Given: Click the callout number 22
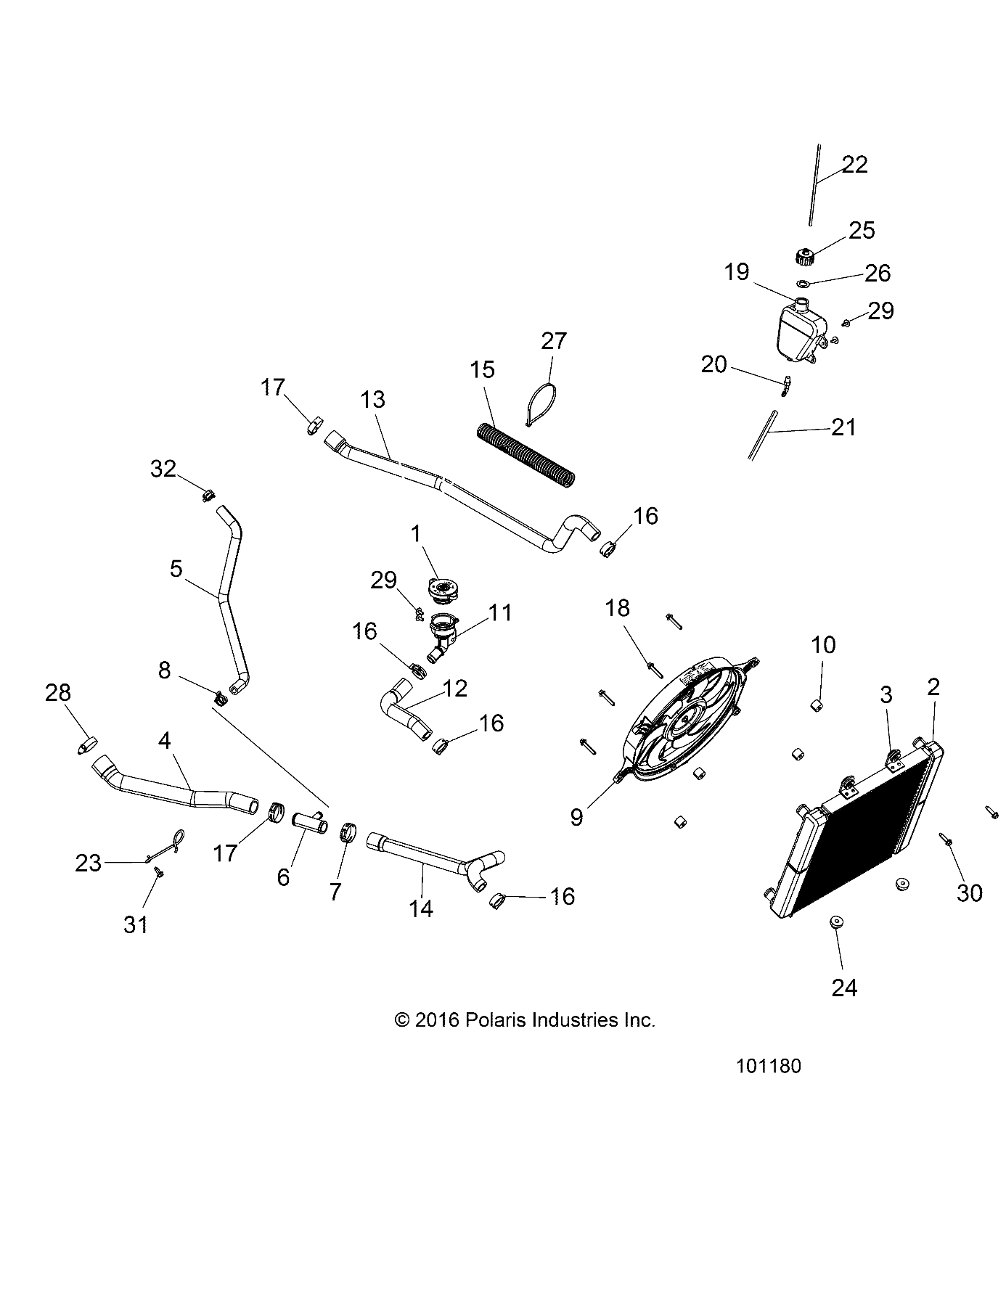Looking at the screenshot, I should coord(854,165).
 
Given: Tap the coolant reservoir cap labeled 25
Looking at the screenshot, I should coord(804,256).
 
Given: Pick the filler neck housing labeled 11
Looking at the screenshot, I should coord(441,629).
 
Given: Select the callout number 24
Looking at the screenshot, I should coord(845,988).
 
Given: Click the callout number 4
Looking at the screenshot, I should coord(165,741).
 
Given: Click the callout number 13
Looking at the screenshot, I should coord(373,400).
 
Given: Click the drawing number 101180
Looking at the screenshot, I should coord(768,1067).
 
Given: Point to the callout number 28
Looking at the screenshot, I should coord(58,693).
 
